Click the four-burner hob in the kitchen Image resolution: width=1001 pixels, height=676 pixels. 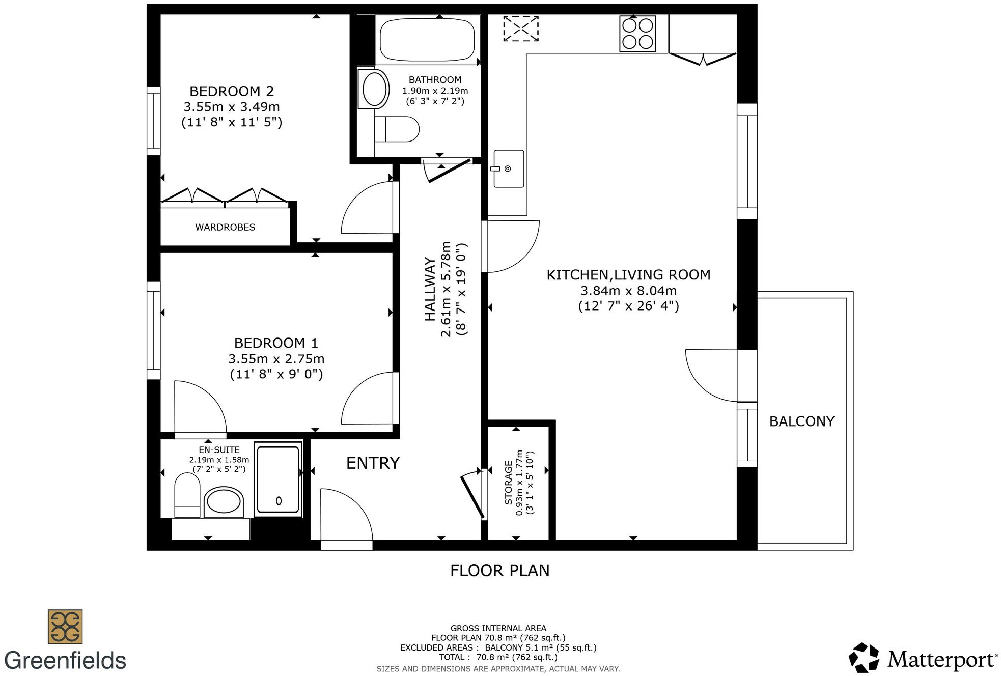(x=637, y=34)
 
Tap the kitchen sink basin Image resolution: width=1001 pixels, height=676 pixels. (x=509, y=168)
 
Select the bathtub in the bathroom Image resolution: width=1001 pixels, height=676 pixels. (x=427, y=40)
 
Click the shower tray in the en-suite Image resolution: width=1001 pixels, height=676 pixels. (x=278, y=479)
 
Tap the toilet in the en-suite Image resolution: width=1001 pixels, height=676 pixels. (x=187, y=495)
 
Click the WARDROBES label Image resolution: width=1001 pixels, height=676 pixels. (x=225, y=227)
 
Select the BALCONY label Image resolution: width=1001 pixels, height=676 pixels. (x=801, y=421)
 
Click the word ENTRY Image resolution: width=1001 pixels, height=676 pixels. (x=373, y=463)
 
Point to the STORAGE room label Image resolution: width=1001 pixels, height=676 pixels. (x=508, y=483)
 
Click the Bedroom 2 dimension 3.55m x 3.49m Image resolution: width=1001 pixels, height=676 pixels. (x=232, y=107)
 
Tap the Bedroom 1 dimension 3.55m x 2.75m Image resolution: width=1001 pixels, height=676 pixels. (x=276, y=359)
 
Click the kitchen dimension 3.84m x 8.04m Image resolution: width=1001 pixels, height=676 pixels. (x=628, y=291)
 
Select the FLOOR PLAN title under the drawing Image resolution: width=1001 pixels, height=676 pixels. (x=499, y=570)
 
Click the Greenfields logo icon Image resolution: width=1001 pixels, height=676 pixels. (x=65, y=627)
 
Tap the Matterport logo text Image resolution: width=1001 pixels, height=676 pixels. (x=942, y=660)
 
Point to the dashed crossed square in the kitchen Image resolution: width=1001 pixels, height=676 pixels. (x=521, y=29)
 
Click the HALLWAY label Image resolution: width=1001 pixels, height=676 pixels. (x=430, y=289)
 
